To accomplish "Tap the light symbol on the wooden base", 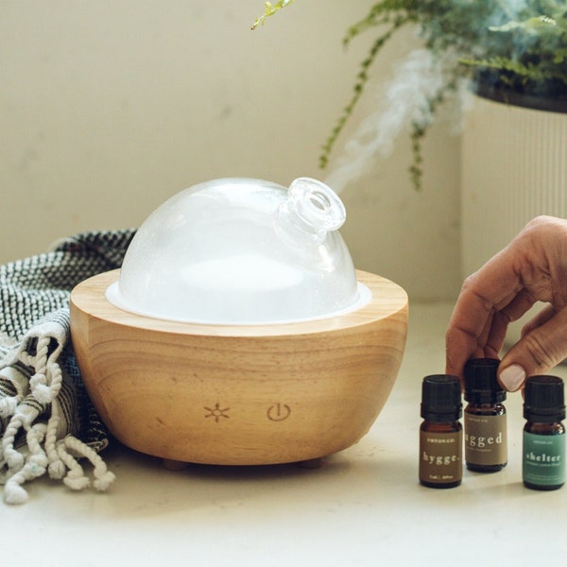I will (x=216, y=412).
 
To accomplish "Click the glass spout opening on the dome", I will (x=318, y=201).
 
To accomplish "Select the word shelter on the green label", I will (x=543, y=458).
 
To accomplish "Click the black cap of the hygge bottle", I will (x=440, y=396).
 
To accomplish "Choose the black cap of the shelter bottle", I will (x=543, y=397).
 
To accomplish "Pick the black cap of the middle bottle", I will (x=483, y=378).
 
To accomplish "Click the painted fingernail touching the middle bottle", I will (x=511, y=377).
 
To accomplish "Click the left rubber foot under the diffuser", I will (x=174, y=464).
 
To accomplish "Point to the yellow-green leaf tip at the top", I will (x=270, y=11).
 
